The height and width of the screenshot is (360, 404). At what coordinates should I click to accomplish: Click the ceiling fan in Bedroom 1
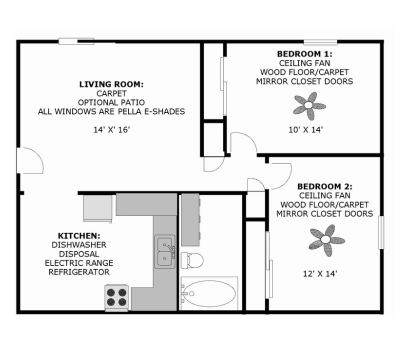[x=309, y=106]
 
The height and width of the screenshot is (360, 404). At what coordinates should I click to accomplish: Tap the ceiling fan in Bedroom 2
[x=326, y=240]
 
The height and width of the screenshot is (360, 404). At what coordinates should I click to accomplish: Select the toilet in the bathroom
[x=192, y=260]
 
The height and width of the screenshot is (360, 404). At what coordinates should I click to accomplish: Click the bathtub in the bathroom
[x=209, y=294]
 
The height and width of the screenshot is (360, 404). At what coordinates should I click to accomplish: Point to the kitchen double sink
[x=165, y=252]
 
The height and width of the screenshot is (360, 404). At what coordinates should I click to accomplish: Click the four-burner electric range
[x=116, y=297]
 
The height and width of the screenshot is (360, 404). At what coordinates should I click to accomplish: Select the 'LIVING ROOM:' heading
[x=111, y=85]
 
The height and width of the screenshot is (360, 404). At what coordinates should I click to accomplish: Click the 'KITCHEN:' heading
[x=79, y=236]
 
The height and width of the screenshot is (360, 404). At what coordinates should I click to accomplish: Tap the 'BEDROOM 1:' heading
[x=305, y=54]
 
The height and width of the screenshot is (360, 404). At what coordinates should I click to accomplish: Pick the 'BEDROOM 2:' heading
[x=325, y=187]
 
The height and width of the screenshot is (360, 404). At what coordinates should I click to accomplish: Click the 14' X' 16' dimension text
[x=111, y=130]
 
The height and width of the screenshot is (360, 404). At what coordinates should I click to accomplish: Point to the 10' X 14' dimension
[x=306, y=130]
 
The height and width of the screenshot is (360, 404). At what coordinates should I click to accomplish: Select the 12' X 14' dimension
[x=320, y=274]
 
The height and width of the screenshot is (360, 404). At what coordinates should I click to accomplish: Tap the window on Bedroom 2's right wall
[x=381, y=232]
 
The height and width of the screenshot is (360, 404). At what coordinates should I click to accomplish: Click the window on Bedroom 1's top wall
[x=320, y=42]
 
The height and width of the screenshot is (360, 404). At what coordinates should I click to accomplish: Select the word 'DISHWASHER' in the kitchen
[x=79, y=245]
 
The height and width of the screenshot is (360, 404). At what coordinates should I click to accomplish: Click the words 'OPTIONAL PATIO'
[x=111, y=102]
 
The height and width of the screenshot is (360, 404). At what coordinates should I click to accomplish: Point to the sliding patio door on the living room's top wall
[x=76, y=42]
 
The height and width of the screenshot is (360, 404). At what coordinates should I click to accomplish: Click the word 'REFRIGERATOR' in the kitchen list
[x=79, y=272]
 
